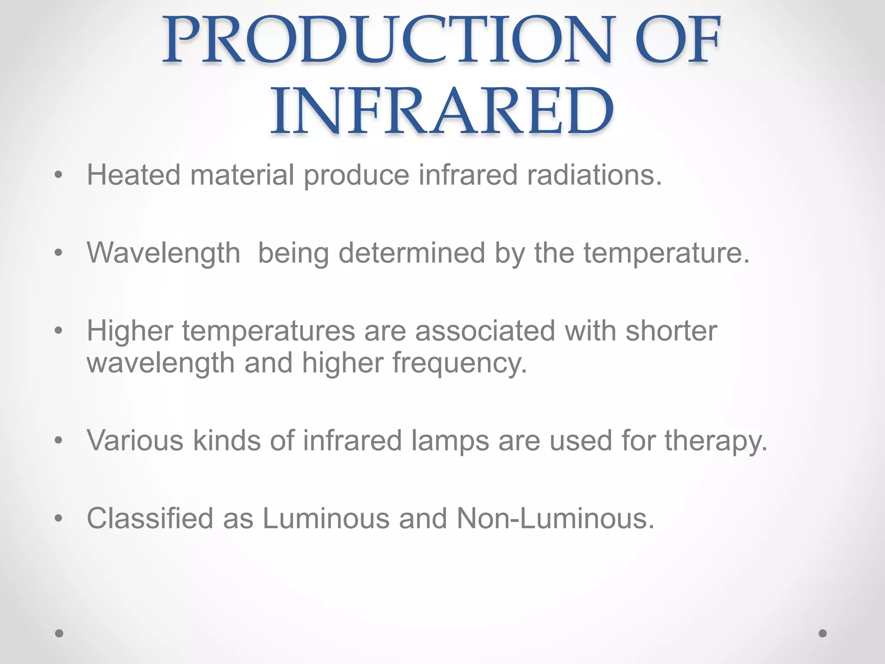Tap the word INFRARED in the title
click(x=442, y=111)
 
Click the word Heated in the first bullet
click(x=134, y=175)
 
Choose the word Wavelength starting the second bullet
click(x=163, y=253)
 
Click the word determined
click(x=412, y=253)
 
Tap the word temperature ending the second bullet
click(x=666, y=254)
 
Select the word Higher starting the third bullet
click(x=130, y=331)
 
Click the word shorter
click(x=671, y=331)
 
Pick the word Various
click(x=135, y=441)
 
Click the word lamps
click(x=450, y=441)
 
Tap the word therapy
click(x=716, y=441)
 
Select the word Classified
click(x=150, y=518)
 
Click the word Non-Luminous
click(x=555, y=518)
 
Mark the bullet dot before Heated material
click(x=59, y=176)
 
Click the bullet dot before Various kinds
click(x=59, y=441)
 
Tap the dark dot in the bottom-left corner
click(x=60, y=633)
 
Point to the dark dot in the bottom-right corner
click(x=823, y=633)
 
